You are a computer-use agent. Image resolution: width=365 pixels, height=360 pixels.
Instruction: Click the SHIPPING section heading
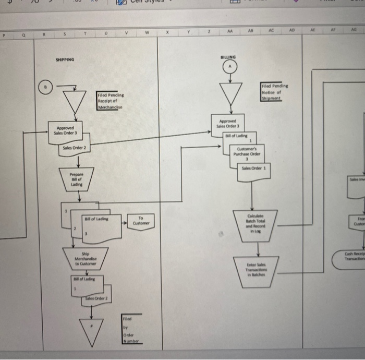coord(65,59)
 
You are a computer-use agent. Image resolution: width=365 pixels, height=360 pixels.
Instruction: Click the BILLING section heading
coord(228,56)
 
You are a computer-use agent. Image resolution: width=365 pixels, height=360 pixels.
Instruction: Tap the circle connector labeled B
coord(46,86)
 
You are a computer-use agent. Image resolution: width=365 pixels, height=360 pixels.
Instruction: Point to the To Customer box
coord(141,221)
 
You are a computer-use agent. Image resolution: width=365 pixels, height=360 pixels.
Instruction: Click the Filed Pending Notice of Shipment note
coord(275,92)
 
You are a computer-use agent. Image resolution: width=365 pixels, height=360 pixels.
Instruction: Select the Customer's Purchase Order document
coord(247,153)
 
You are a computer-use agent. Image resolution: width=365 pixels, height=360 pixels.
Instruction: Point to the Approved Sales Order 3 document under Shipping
coord(68,130)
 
